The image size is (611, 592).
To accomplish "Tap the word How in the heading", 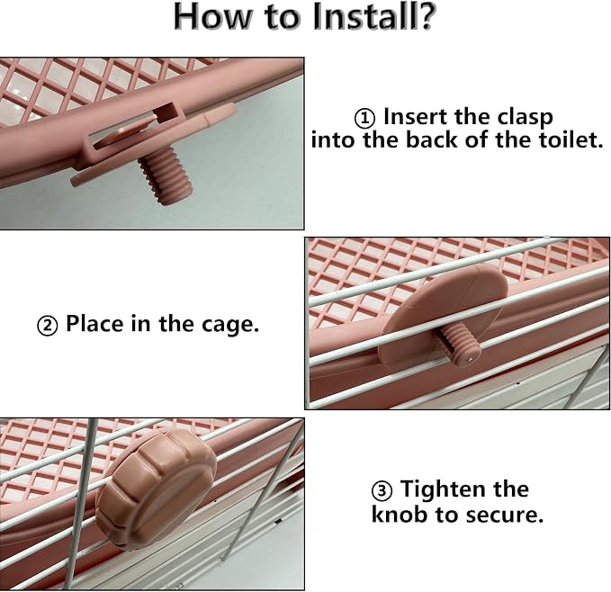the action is point(211,17).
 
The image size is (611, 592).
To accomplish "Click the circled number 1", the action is point(364,119).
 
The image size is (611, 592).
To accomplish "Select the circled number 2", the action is point(48,326).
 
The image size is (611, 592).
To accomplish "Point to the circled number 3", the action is point(382,490).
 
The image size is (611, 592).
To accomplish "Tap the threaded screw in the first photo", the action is point(166,175).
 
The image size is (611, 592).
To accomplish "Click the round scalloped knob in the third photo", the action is point(156,488).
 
